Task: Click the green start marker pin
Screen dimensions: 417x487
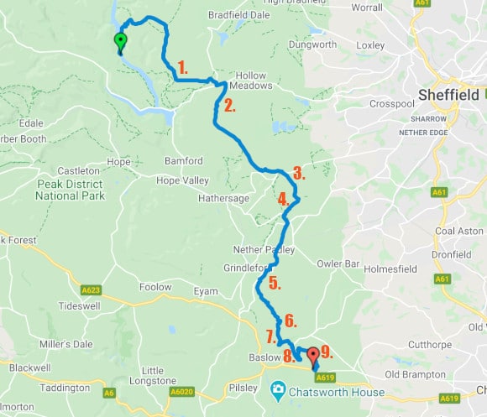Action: click(x=120, y=42)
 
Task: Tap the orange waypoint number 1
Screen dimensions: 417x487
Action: click(x=183, y=65)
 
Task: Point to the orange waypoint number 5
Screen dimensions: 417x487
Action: click(x=275, y=284)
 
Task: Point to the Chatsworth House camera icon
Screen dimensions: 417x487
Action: click(x=276, y=392)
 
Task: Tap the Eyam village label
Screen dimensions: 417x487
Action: click(x=207, y=291)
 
